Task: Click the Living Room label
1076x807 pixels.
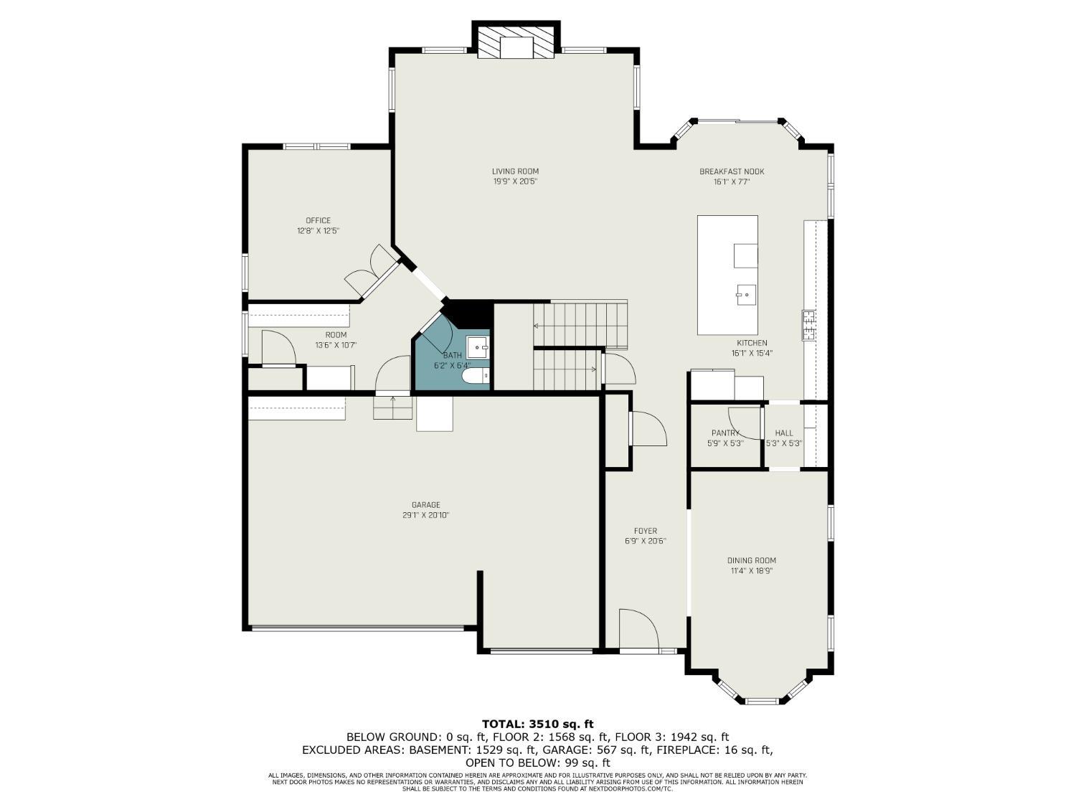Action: tap(515, 171)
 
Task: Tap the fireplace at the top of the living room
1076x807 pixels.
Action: tap(516, 42)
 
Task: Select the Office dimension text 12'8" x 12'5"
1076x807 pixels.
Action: tap(318, 231)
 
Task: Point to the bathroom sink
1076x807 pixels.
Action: tap(478, 348)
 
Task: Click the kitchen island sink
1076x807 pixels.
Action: tap(745, 294)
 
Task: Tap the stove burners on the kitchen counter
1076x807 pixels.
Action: tap(808, 325)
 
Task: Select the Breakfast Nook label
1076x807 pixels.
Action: tap(732, 171)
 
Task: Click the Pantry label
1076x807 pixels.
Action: tap(725, 433)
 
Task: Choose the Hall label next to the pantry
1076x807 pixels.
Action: tap(784, 433)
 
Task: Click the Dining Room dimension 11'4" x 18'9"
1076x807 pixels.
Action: tap(751, 571)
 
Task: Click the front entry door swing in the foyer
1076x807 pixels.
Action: tap(638, 628)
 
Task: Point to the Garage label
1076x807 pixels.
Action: tap(425, 505)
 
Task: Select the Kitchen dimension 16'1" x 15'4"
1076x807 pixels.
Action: tap(751, 353)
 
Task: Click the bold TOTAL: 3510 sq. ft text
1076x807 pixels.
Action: tap(537, 724)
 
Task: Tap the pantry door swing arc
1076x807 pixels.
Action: tap(744, 423)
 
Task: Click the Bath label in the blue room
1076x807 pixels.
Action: tap(453, 355)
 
